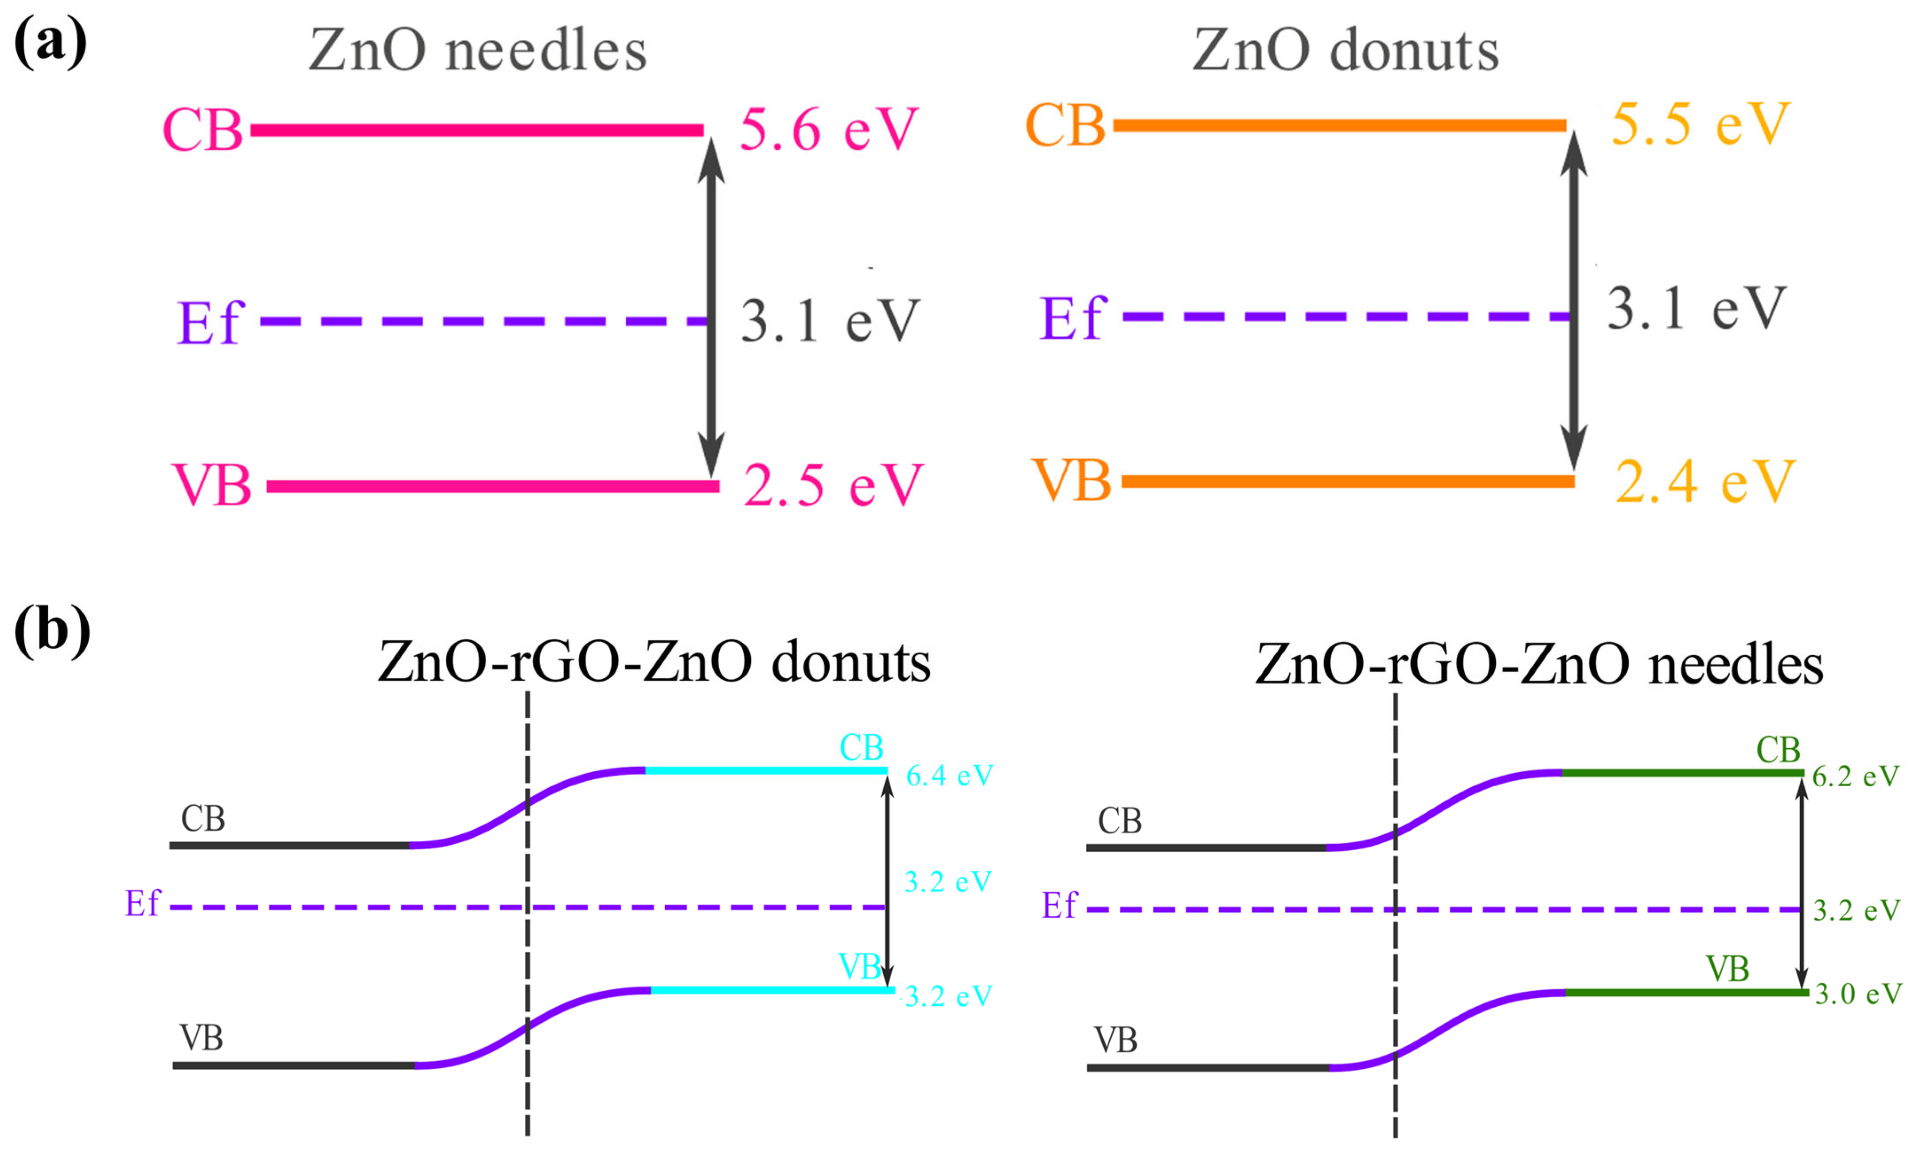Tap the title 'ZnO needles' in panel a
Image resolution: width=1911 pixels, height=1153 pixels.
pos(477,51)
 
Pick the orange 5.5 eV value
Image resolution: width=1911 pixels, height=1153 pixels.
pos(1700,124)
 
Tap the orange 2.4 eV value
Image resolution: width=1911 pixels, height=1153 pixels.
pos(1704,481)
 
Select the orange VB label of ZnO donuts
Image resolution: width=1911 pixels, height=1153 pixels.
pos(1070,480)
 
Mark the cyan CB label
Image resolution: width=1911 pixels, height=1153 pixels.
pos(861,748)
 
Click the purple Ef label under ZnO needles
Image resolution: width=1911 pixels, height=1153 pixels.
pos(209,322)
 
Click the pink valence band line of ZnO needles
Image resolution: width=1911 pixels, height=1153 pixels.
pos(492,486)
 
